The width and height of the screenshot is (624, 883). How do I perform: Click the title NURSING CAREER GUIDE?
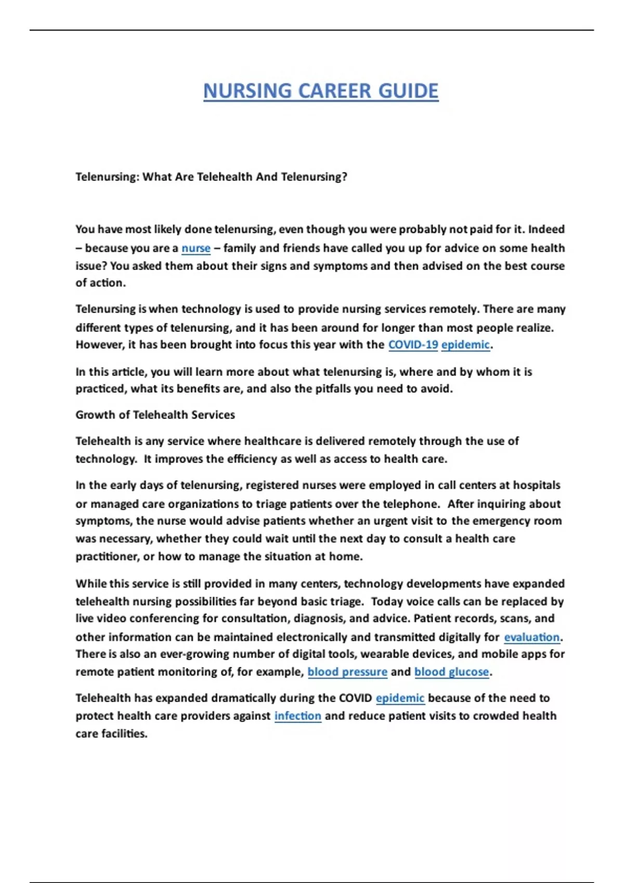pos(321,91)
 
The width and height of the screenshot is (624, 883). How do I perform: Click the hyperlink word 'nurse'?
pos(196,248)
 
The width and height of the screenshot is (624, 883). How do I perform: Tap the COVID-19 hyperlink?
pos(413,345)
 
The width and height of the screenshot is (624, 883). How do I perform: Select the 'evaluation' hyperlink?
pos(531,637)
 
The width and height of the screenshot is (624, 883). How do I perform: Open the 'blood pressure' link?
pos(347,672)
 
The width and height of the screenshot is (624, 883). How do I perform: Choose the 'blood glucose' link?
pos(451,672)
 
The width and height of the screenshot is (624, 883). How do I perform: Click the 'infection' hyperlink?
pos(297,716)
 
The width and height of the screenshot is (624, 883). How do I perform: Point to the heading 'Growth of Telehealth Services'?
pos(155,415)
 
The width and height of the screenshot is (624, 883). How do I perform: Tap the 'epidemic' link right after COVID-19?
pos(465,345)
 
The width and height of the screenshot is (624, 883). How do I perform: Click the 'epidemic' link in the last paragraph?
pos(400,698)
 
